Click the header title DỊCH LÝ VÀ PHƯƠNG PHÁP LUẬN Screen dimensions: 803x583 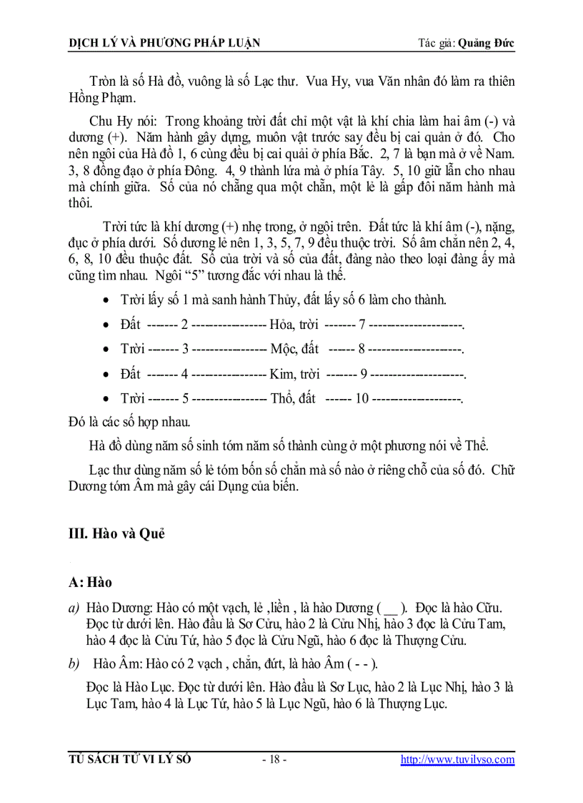164,43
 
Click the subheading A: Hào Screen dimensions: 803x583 90,583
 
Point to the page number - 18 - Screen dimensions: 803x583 274,759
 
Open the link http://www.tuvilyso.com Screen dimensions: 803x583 457,759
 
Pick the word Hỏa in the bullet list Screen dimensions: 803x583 283,325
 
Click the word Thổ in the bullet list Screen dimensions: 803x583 283,398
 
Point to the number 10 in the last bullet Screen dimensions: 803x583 361,398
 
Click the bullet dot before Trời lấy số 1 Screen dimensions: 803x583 106,301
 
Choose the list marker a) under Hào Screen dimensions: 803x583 73,608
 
